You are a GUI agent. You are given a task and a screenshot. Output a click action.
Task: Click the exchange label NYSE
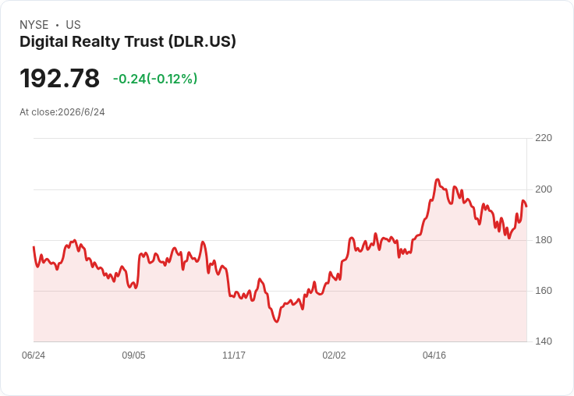click(34, 25)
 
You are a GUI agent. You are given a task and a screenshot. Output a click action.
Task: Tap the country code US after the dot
click(73, 25)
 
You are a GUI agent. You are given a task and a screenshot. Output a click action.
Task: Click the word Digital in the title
click(44, 42)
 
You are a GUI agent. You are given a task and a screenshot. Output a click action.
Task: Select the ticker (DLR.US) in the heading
click(202, 42)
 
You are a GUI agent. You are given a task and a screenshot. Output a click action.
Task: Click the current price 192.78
click(60, 78)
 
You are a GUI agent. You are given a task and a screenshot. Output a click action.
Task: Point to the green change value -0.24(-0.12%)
click(155, 79)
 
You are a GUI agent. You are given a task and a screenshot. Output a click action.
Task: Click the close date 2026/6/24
click(81, 112)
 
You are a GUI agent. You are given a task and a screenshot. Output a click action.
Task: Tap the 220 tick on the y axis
click(544, 138)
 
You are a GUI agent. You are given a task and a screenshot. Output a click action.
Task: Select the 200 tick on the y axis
click(544, 189)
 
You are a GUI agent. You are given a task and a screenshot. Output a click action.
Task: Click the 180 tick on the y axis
click(544, 240)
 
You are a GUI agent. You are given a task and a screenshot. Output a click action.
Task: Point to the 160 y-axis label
click(544, 291)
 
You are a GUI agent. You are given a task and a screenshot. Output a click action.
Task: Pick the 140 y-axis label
click(544, 341)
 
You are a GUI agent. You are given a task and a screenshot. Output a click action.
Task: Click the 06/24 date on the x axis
click(34, 355)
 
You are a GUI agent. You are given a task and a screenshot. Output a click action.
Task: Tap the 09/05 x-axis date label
click(133, 355)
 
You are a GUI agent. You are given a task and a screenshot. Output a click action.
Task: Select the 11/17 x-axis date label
click(234, 355)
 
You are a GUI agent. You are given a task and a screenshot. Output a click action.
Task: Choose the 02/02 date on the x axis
click(334, 355)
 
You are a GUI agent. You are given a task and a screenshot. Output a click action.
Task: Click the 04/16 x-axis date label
click(434, 355)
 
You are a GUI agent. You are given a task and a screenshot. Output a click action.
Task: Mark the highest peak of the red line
click(437, 179)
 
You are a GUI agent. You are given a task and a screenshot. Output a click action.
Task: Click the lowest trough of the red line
click(276, 322)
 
